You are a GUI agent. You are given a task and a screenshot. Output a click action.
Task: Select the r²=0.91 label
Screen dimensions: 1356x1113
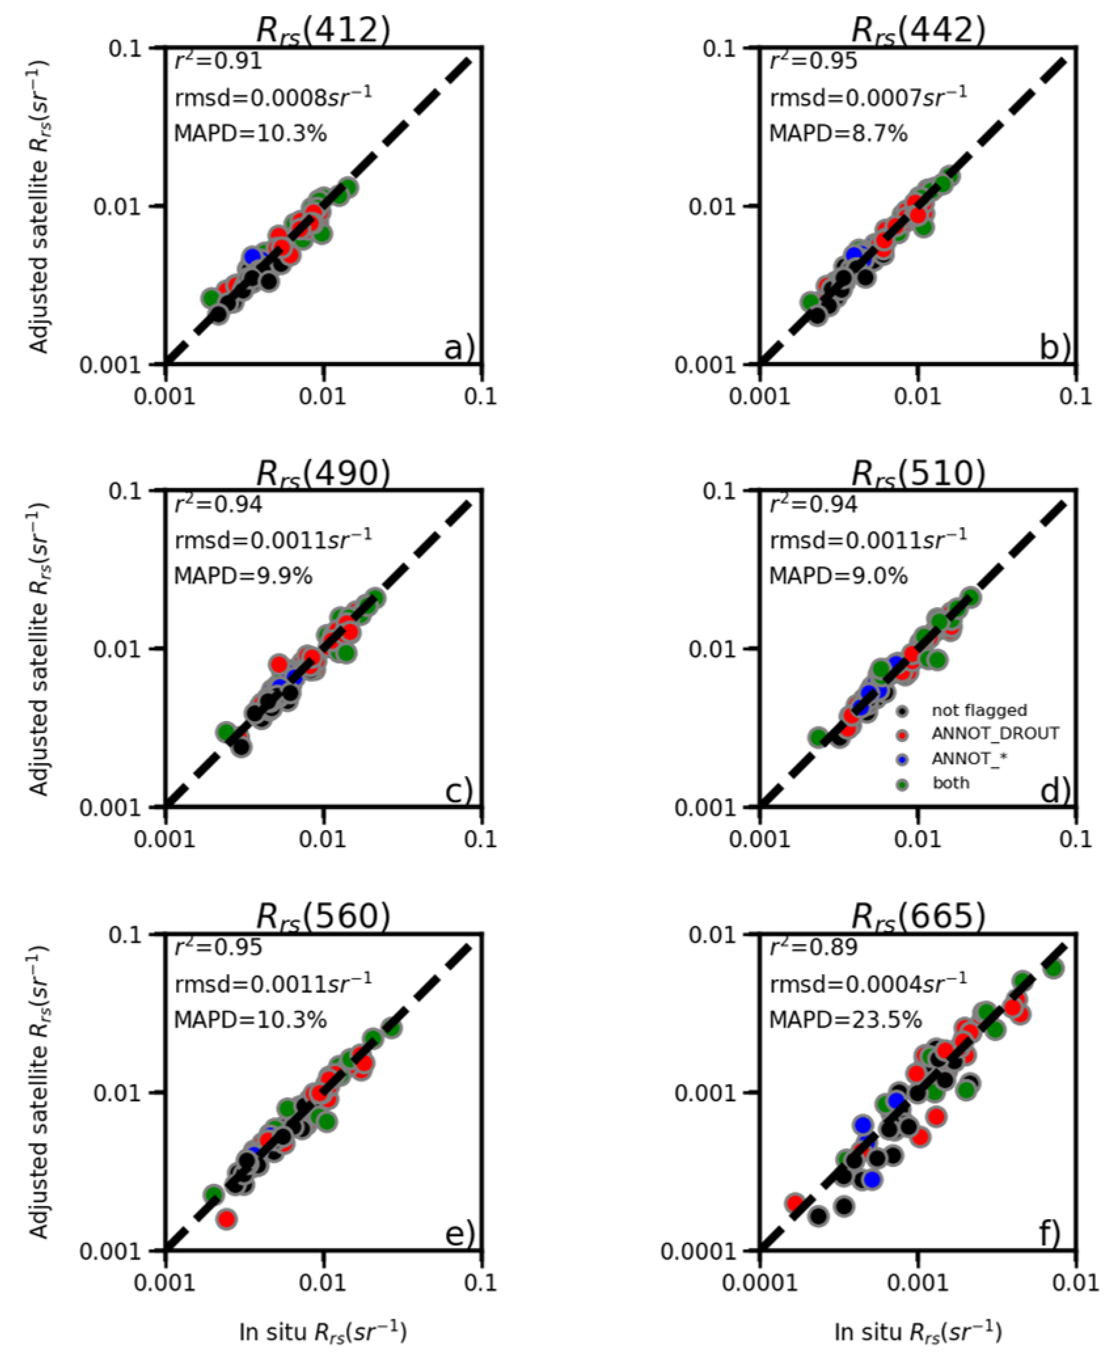(x=218, y=61)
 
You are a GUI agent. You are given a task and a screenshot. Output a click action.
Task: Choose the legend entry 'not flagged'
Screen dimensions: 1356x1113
(x=979, y=710)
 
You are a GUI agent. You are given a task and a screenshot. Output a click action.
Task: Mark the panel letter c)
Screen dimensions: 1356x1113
(x=459, y=792)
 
